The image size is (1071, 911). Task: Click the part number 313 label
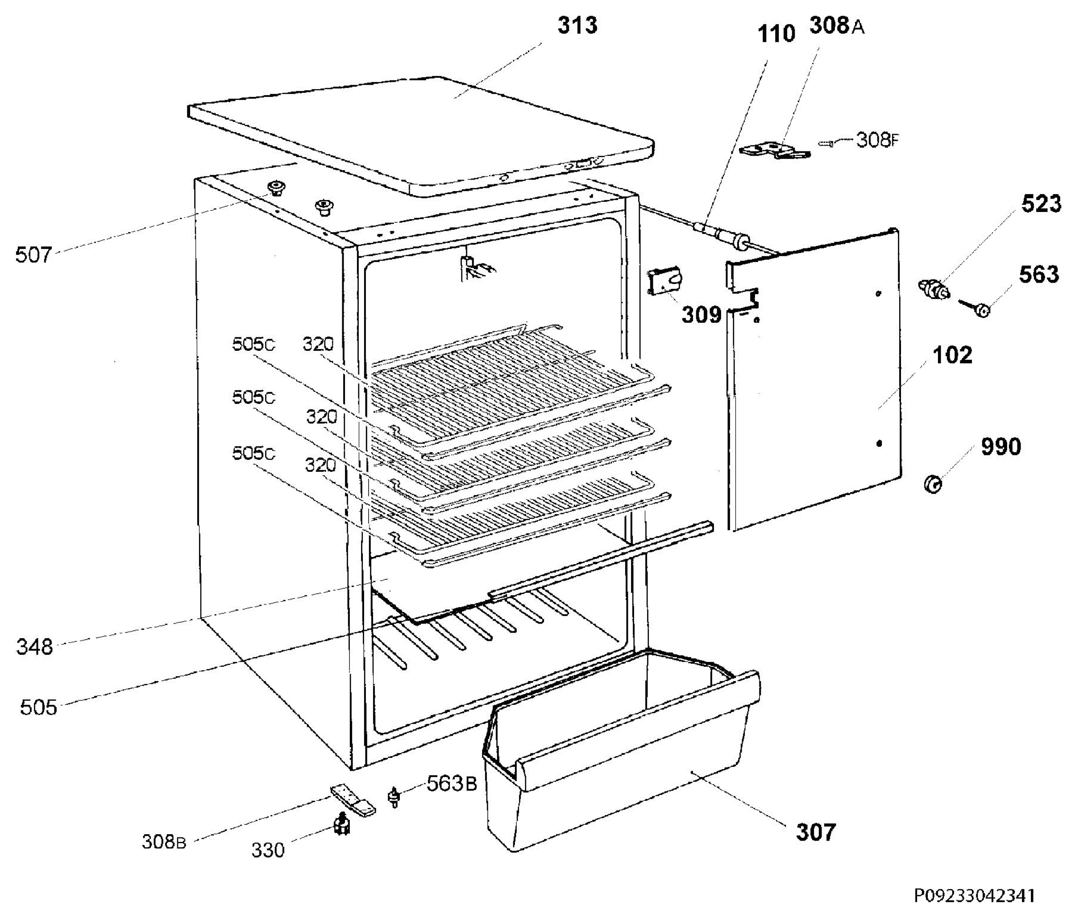click(577, 25)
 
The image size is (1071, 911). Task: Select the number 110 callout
click(776, 34)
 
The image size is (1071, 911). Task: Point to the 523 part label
click(1041, 204)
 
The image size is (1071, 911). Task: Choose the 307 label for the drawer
click(815, 832)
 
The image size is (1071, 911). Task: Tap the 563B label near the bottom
click(451, 783)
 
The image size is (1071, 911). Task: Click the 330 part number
click(267, 849)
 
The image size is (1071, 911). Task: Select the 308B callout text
click(163, 841)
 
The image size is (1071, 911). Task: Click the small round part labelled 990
click(933, 484)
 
